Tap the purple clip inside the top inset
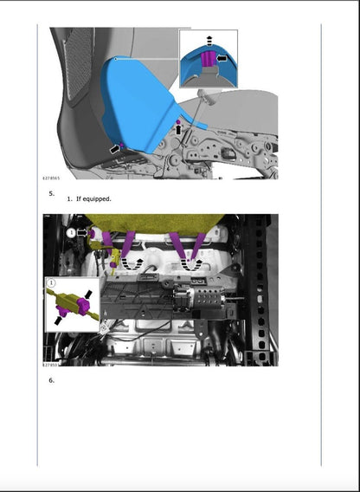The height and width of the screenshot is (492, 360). [x=209, y=60]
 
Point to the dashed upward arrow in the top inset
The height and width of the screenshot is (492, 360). [x=209, y=41]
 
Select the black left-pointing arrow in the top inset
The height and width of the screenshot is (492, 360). [x=222, y=58]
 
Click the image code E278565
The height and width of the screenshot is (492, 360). [x=58, y=177]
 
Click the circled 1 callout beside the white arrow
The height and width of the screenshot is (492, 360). [x=72, y=232]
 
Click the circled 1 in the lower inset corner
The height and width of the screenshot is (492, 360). [x=52, y=282]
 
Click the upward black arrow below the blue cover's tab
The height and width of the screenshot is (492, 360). [x=179, y=129]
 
